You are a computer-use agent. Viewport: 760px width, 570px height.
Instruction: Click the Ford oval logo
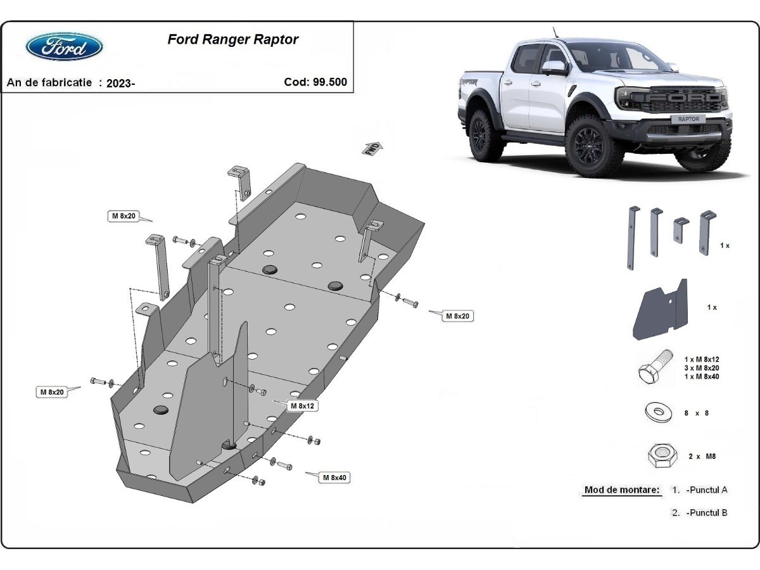64,47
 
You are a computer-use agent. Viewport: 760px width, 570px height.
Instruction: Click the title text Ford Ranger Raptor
232,39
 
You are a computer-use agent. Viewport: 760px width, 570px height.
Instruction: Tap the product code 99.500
329,82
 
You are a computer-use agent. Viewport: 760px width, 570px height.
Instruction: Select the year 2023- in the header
120,83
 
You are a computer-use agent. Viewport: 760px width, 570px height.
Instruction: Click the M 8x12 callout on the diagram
303,405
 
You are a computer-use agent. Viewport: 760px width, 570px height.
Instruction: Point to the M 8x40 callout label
334,478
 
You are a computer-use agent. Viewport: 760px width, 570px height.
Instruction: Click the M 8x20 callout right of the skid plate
457,315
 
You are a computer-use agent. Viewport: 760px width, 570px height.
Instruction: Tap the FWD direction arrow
372,148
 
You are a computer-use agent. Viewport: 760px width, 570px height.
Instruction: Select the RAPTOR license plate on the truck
688,119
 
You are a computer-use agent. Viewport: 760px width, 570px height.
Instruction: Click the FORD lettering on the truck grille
685,98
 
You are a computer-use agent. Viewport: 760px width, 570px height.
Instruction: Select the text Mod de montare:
621,490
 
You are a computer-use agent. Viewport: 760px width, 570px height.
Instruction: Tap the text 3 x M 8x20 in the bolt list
701,368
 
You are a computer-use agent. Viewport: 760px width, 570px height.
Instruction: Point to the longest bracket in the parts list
632,237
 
